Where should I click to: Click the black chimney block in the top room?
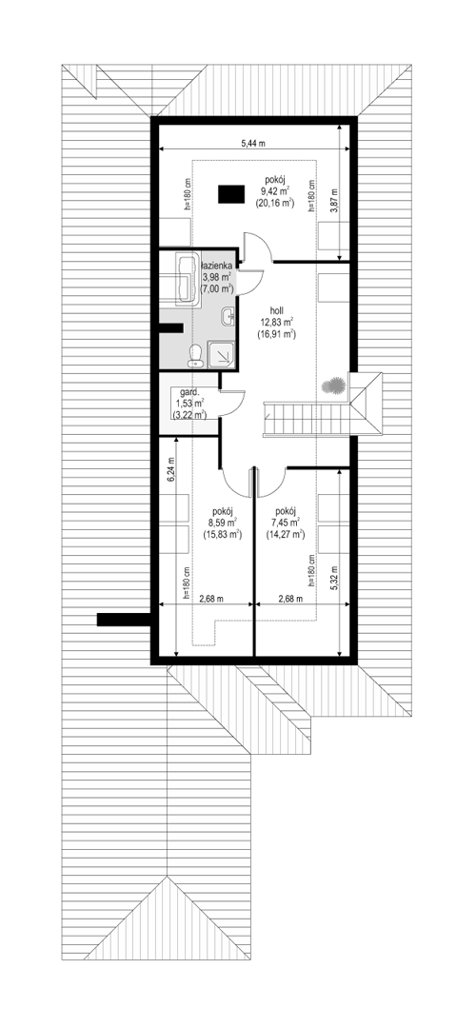pyautogui.click(x=230, y=193)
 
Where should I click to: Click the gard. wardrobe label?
pyautogui.click(x=182, y=391)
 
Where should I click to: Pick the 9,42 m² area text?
pyautogui.click(x=275, y=191)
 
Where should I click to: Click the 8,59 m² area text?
pyautogui.click(x=223, y=524)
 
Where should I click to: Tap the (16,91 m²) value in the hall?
pyautogui.click(x=280, y=334)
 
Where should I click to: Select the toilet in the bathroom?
pyautogui.click(x=195, y=353)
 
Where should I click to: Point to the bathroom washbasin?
pyautogui.click(x=228, y=316)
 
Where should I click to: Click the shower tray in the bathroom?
pyautogui.click(x=221, y=353)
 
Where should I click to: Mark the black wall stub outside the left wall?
pyautogui.click(x=124, y=620)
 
